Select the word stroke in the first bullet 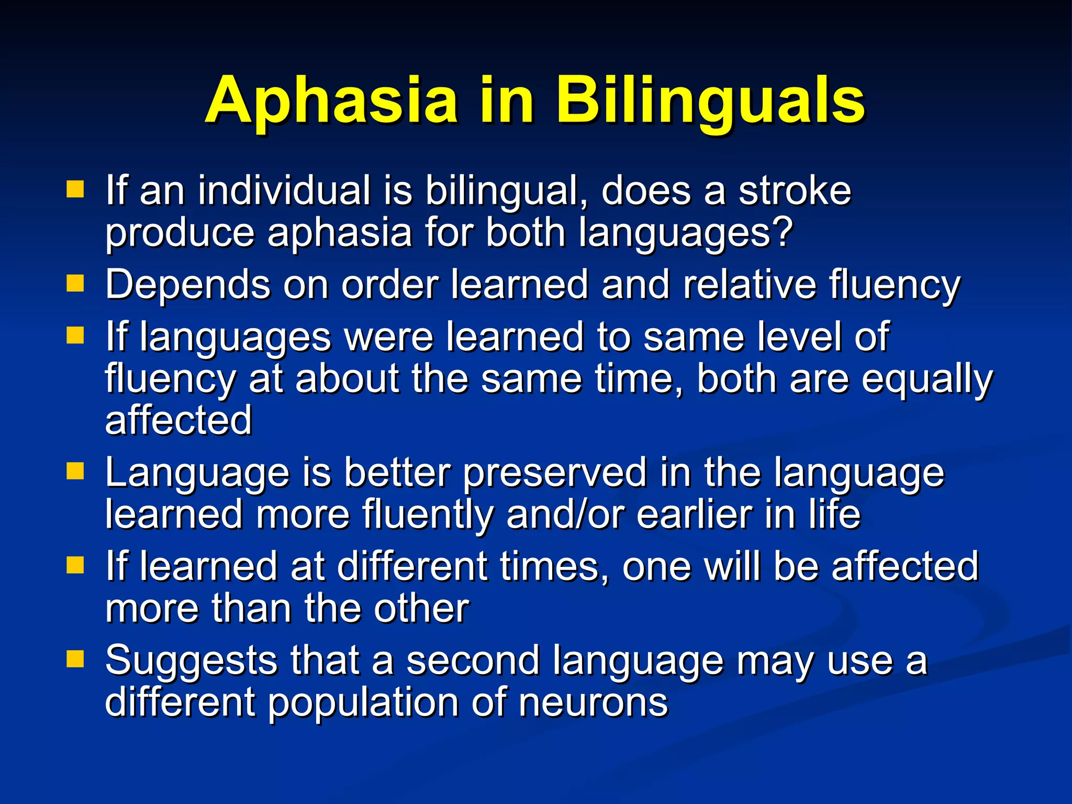click(x=795, y=191)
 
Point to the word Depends click(x=187, y=285)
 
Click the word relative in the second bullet click(x=749, y=285)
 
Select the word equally click(x=926, y=379)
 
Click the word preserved click(x=555, y=473)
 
